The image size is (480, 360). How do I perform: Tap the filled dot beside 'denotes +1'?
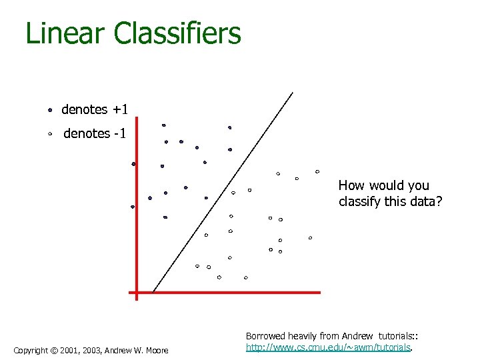[50, 109]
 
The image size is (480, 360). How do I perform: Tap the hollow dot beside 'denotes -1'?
[50, 133]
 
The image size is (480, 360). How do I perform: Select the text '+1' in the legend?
[120, 109]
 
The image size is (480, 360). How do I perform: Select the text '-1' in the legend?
[120, 133]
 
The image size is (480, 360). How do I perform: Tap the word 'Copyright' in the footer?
[30, 351]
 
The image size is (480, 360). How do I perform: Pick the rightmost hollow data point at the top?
[317, 171]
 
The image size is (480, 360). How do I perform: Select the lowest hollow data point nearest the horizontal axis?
[245, 277]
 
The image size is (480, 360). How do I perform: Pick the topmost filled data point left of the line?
[163, 125]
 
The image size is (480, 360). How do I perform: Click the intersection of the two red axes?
[136, 292]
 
